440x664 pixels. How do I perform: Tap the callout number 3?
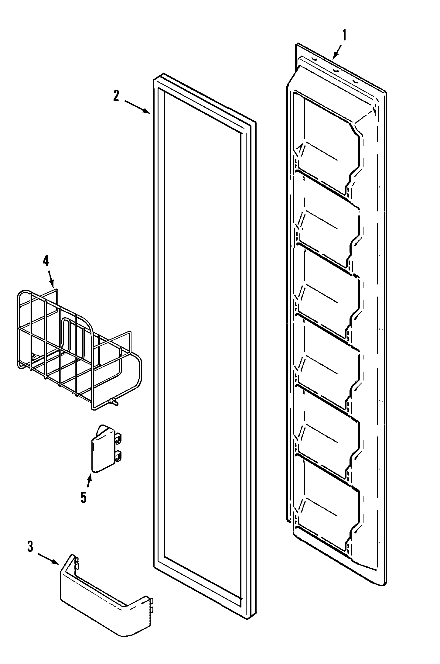click(30, 547)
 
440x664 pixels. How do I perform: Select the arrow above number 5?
click(89, 481)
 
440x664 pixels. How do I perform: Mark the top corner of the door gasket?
click(163, 76)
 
